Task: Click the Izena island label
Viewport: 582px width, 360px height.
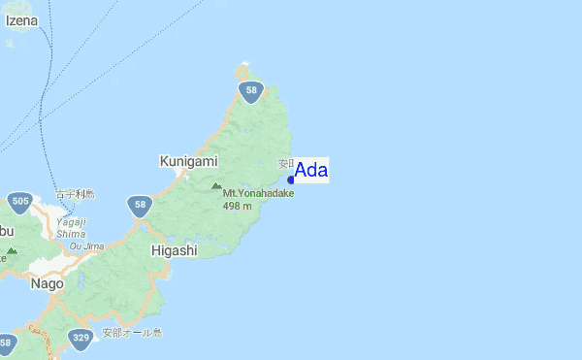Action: coord(21,19)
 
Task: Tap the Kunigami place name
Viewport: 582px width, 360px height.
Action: coord(188,160)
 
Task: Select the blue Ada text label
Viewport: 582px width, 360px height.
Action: coord(311,170)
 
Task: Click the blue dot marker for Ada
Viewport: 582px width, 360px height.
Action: coord(291,180)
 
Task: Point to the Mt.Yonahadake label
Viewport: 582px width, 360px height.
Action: coord(258,193)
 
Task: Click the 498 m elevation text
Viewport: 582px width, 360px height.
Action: coord(237,205)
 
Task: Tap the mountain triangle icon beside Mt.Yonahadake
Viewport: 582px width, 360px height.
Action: coord(215,185)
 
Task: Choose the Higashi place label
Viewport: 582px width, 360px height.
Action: coord(175,250)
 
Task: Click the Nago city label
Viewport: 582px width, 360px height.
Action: coord(47,284)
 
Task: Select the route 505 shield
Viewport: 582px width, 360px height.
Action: coord(19,202)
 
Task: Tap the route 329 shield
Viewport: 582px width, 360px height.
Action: coord(81,339)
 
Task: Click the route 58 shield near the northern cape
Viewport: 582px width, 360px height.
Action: coord(251,92)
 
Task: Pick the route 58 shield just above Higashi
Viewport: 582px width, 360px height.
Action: coord(141,205)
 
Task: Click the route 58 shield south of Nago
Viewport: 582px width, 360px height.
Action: coord(7,343)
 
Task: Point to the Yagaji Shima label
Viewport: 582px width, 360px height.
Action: coord(71,226)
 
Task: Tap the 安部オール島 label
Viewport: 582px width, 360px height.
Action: coord(132,333)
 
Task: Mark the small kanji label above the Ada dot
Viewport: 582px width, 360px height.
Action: coord(285,163)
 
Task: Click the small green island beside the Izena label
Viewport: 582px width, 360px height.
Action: coord(12,44)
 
